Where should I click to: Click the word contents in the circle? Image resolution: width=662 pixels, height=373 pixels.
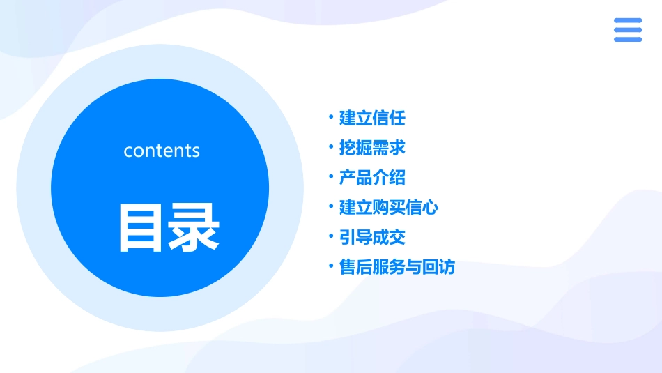(162, 151)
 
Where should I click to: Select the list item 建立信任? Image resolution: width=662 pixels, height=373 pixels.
(372, 118)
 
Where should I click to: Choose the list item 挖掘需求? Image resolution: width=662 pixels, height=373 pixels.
(372, 148)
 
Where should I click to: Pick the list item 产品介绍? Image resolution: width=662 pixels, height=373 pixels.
(372, 178)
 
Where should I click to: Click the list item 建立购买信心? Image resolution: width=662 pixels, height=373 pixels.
(389, 208)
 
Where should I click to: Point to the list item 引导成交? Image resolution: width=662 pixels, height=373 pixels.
(372, 238)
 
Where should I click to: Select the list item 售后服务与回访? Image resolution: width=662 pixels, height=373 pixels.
(397, 268)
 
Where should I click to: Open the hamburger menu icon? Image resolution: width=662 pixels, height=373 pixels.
(628, 30)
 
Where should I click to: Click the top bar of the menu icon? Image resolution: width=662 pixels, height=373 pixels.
(628, 20)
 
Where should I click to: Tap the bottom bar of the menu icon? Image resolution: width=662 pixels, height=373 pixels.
(628, 40)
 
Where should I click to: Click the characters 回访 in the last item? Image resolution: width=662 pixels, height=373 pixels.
(438, 268)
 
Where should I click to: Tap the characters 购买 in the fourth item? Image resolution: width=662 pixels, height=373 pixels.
(389, 208)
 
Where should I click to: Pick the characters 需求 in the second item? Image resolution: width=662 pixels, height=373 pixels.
(389, 148)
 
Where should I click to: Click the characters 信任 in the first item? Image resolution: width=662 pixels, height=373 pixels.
(389, 118)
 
